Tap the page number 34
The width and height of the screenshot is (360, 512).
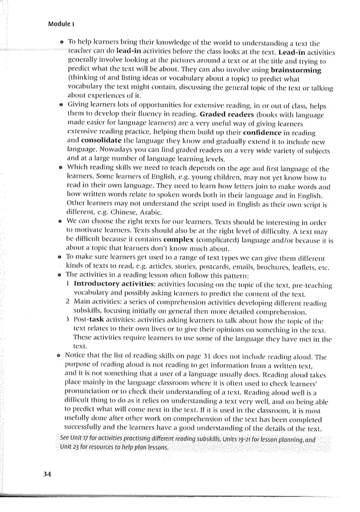click(x=47, y=474)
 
